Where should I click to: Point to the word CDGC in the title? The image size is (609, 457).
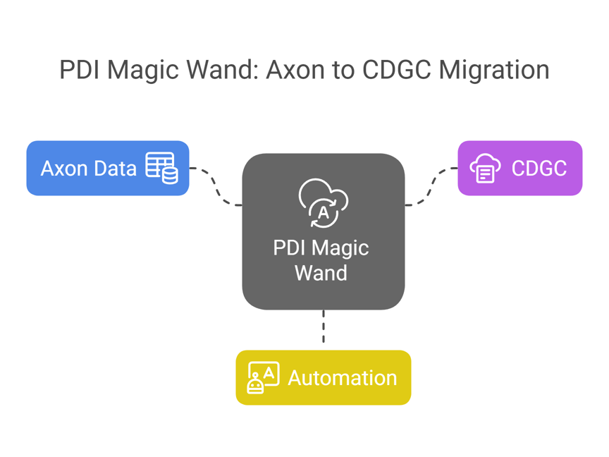pos(397,70)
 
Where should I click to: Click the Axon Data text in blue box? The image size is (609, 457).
pos(89,169)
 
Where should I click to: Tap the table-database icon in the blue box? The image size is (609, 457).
pos(161,168)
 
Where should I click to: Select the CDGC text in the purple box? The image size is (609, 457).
pos(539,169)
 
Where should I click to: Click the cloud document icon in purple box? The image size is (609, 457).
pos(485,168)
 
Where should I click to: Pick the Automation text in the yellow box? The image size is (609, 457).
pos(342,377)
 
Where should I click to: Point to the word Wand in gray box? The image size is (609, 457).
pos(321,273)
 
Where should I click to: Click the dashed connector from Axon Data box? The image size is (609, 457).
pos(216,187)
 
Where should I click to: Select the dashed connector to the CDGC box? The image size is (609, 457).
pos(430,187)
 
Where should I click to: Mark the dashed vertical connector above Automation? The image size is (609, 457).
pos(323,329)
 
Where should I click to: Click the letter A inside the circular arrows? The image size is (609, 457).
pos(323,212)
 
